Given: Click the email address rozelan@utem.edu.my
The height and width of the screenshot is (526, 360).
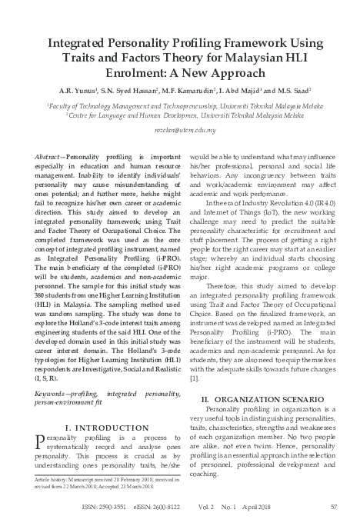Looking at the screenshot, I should tap(180, 131).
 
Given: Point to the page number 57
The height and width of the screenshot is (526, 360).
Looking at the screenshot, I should tap(333, 507).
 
